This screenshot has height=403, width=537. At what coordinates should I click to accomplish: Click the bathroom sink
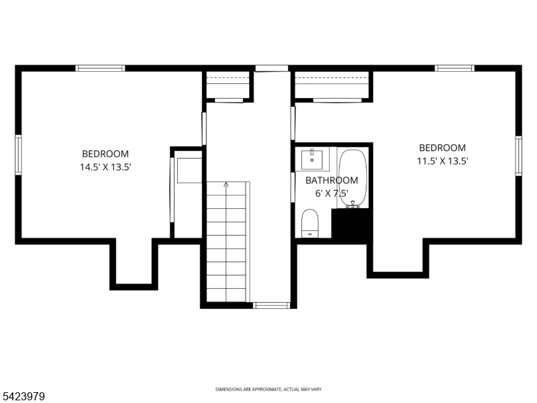click(313, 161)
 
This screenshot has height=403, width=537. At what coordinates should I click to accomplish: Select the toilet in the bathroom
click(309, 222)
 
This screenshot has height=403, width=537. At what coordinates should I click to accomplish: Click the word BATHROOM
click(332, 181)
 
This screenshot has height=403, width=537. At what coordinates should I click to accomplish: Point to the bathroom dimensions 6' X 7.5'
click(332, 193)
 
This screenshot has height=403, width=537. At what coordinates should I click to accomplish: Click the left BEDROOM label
click(105, 154)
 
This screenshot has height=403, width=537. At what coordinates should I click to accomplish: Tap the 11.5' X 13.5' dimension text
click(442, 161)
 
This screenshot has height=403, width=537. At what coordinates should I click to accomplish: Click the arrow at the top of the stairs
click(226, 183)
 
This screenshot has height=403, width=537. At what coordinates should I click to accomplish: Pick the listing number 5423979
click(24, 397)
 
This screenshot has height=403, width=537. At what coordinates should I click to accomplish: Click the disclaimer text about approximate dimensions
click(268, 390)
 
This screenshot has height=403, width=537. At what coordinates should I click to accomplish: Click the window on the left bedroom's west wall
click(19, 154)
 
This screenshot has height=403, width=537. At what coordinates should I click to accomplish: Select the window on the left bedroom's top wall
click(100, 68)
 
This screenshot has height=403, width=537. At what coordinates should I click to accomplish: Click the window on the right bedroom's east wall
click(518, 155)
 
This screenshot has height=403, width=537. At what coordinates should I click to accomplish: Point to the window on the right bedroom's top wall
click(454, 68)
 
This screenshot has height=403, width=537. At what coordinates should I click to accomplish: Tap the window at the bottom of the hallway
click(271, 305)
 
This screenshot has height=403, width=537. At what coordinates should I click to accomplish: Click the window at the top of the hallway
click(271, 68)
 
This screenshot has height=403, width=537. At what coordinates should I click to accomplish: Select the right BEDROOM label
click(442, 148)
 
